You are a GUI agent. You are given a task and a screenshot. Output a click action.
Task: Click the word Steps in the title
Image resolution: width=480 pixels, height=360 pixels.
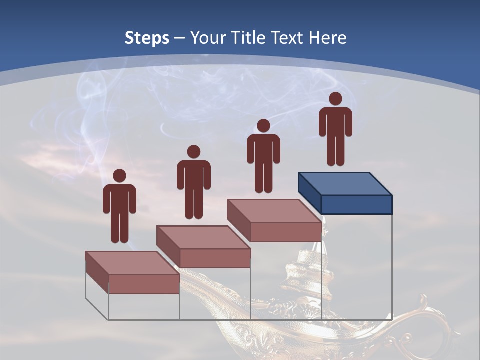pos(147,38)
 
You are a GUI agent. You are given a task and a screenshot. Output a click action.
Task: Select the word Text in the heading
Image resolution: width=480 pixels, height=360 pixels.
pos(289,38)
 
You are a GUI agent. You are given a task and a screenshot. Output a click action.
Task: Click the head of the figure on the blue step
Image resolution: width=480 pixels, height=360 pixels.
pos(335,99)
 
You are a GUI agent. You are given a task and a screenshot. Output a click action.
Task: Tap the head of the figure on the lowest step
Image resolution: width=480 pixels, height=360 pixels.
pos(119,176)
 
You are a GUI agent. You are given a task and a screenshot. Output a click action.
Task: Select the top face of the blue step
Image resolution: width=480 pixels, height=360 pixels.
pos(345,183)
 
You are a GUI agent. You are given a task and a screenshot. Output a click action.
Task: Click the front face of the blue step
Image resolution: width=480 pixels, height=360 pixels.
pos(356,204)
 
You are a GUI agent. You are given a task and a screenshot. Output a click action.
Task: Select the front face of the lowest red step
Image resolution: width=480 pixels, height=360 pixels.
pos(144,284)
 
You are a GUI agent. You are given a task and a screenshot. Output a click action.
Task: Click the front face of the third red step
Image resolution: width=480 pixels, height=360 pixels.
pos(285,232)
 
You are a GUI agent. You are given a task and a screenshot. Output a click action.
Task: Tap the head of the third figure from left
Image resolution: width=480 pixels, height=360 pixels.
pos(263,125)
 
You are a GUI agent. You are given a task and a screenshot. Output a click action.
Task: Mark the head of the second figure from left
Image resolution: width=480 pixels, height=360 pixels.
pos(193,152)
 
